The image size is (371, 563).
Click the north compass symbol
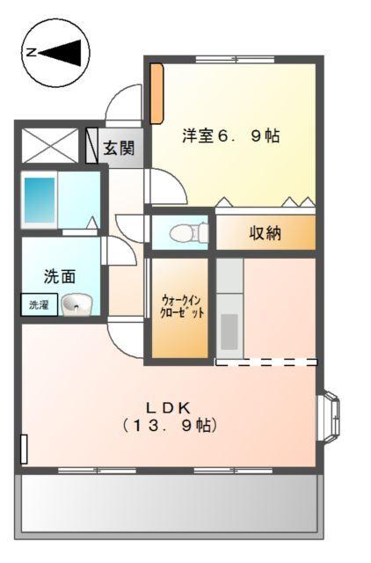pyautogui.click(x=55, y=54)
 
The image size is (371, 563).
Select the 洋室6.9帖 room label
pyautogui.click(x=231, y=136)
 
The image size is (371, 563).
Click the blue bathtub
pyautogui.click(x=40, y=201)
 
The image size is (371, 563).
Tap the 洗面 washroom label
pyautogui.click(x=60, y=275)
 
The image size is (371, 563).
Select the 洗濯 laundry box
pyautogui.click(x=39, y=306)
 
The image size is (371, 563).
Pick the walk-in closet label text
pyautogui.click(x=182, y=306)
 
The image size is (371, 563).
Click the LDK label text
pyautogui.click(x=169, y=406)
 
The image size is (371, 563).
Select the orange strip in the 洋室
pyautogui.click(x=156, y=92)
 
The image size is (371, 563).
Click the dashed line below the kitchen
pyautogui.click(x=266, y=362)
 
